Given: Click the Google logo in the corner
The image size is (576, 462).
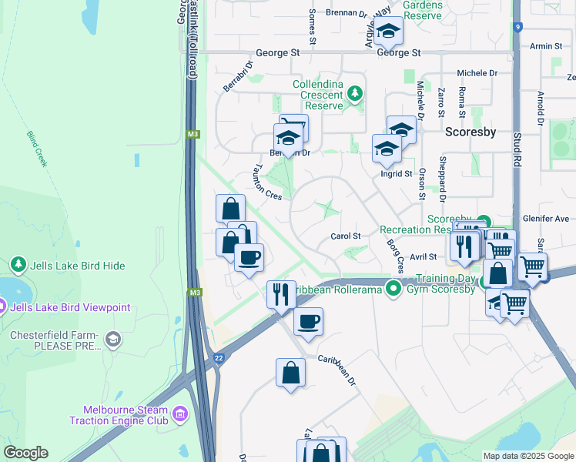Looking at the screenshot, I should pos(25,453).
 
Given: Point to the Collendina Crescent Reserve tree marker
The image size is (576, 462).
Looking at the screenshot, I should pos(354,94).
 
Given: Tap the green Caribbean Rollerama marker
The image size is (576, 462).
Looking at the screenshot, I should pos(394,289).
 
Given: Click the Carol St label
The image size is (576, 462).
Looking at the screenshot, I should pos(345,236).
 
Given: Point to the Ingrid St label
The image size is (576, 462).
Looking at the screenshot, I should pos(397,174).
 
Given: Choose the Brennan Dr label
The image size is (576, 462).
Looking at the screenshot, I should pos(346,14).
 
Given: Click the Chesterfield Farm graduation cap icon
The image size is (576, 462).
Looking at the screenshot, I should pos(113,340).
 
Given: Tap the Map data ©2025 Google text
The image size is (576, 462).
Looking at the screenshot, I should pos(527,456).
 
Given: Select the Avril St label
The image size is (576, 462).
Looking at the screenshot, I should pos(423,256).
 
